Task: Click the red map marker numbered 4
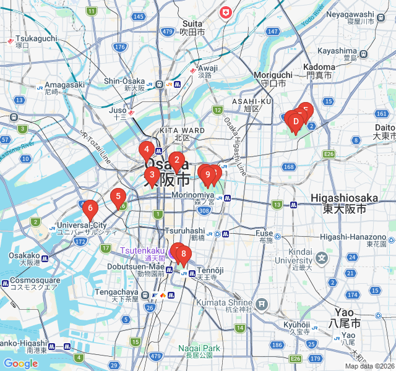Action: point(146,150)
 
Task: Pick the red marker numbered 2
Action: point(176,162)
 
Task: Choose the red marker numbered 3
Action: point(152,176)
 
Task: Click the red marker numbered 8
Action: point(184,254)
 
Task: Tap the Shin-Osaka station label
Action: point(124,81)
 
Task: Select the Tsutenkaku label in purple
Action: point(142,250)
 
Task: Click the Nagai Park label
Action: point(199,349)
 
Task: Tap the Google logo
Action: point(20,364)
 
